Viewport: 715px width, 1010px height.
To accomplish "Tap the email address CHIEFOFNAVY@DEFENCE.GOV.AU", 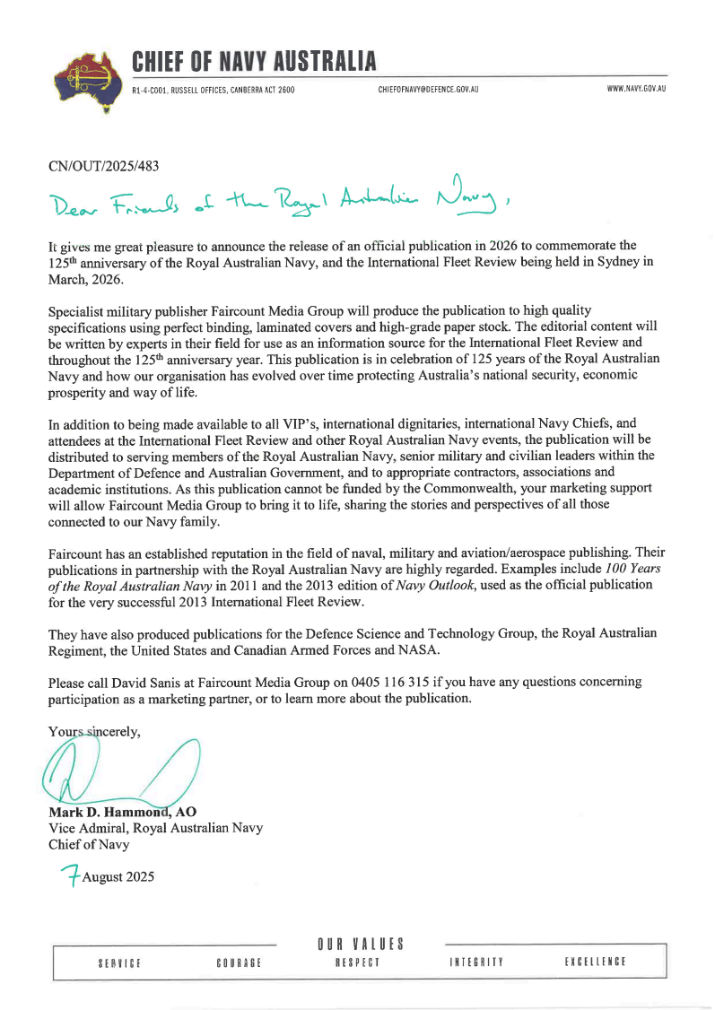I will coord(421,90).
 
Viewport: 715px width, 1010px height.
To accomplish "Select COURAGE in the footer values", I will coord(239,962).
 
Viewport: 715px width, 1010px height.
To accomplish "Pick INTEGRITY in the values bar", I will coord(476,962).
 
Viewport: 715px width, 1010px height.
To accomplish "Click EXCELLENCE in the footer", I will coord(595,962).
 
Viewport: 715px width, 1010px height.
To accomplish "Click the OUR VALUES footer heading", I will coord(361,944).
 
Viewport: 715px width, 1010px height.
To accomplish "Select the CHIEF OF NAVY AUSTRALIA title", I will coord(254,62).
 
